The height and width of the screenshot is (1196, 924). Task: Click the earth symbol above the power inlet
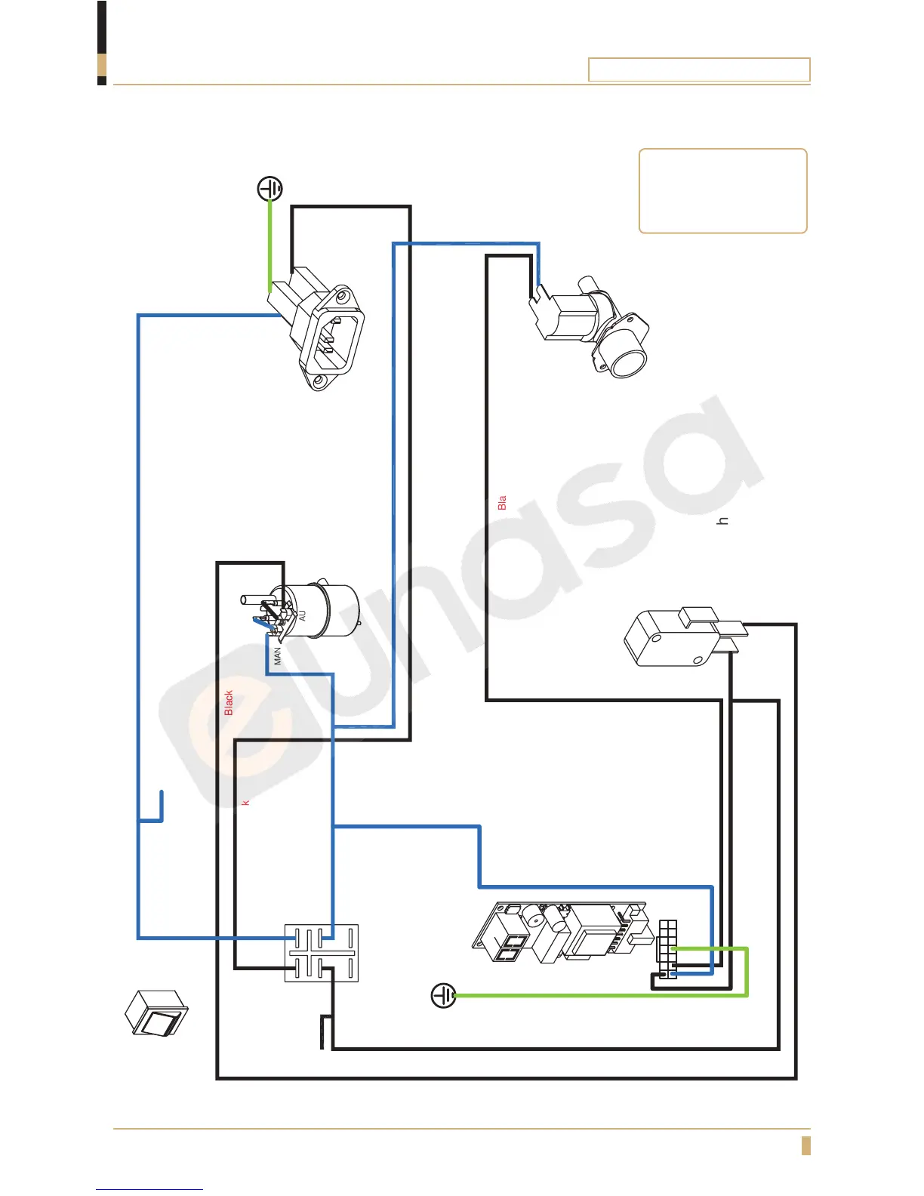point(270,189)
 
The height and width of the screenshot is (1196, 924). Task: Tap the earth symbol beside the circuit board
point(443,996)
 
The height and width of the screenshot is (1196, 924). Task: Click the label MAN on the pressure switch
point(278,655)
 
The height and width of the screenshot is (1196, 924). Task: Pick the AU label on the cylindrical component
point(303,615)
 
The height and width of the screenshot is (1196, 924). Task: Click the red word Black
point(229,702)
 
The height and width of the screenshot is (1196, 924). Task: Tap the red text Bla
point(502,503)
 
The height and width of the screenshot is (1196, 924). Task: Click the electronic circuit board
point(562,932)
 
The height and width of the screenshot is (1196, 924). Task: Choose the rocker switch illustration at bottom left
point(156,1014)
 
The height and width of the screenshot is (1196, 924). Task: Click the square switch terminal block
point(321,953)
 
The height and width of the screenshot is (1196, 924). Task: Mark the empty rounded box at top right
point(722,191)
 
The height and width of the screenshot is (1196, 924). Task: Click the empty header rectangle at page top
point(698,69)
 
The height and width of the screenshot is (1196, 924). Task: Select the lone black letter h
point(723,521)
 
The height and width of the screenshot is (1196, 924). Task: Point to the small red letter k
point(245,802)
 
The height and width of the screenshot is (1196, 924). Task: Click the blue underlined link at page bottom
point(149,1189)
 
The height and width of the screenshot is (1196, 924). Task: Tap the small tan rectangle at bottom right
point(805,1145)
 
